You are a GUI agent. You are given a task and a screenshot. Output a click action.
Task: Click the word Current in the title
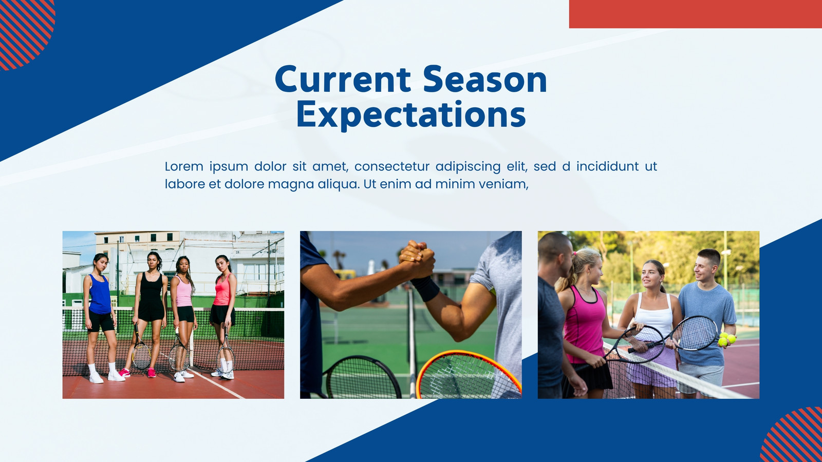coord(343,79)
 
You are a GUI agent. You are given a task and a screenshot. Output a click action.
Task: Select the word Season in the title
coord(485,79)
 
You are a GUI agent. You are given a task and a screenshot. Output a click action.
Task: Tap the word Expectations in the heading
coord(411,115)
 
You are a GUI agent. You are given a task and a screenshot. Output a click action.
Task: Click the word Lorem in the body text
coord(184,166)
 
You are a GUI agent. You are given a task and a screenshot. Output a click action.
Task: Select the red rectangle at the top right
coord(696,14)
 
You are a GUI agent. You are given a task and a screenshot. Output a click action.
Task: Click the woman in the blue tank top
coord(100,315)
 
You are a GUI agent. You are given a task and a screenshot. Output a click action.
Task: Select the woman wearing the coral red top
coord(223,315)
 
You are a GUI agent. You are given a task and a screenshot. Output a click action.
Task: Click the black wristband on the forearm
coord(425,288)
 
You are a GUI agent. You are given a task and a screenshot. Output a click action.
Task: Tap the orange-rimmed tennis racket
coord(468,375)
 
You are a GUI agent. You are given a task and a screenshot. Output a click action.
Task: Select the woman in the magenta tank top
coord(585,323)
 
